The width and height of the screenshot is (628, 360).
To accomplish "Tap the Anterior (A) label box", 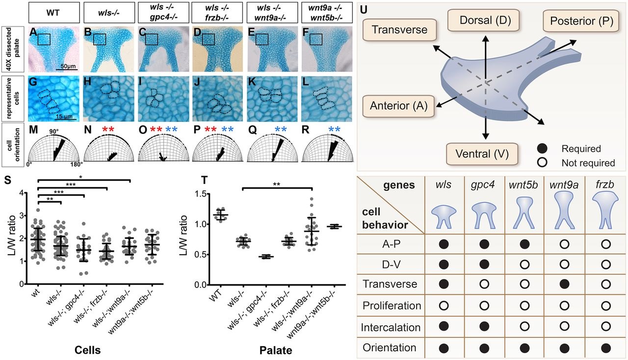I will [398, 105].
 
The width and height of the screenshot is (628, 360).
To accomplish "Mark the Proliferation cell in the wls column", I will [445, 305].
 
